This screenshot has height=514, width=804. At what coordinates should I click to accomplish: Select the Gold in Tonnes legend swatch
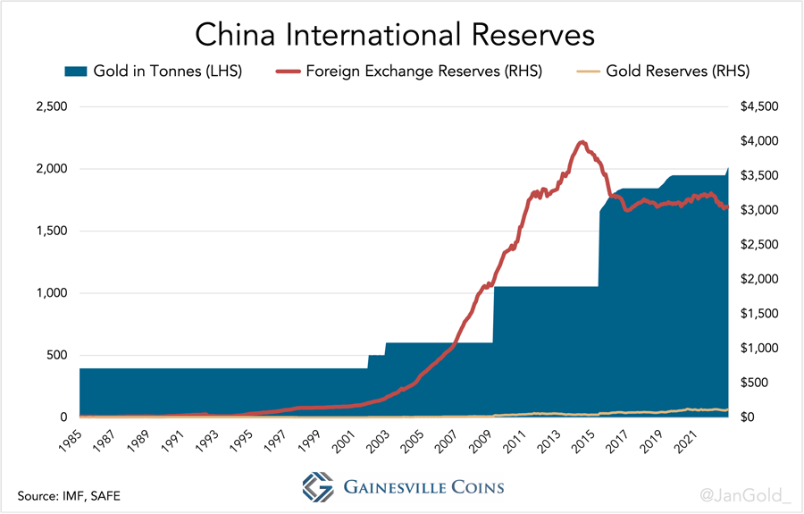pos(74,71)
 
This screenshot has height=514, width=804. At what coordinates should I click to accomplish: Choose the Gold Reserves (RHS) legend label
pos(677,71)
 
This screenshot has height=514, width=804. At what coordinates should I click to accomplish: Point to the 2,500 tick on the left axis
pos(49,107)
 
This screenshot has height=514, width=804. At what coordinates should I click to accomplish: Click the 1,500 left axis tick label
pos(49,232)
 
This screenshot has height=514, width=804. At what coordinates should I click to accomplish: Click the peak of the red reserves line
pos(582,141)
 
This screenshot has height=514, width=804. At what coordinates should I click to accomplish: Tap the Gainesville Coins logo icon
pos(318,487)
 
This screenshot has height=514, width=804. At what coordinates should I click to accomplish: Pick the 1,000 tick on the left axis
pos(49,293)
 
